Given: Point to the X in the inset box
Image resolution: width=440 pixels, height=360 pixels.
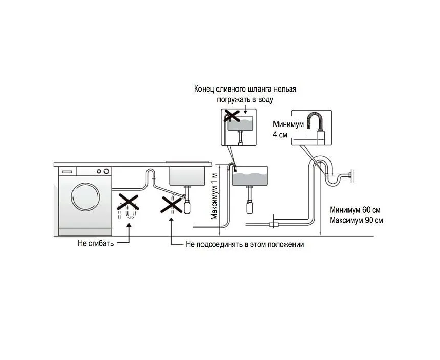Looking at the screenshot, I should point(231,115).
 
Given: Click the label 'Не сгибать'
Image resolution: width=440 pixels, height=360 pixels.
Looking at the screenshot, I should point(96,242).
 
